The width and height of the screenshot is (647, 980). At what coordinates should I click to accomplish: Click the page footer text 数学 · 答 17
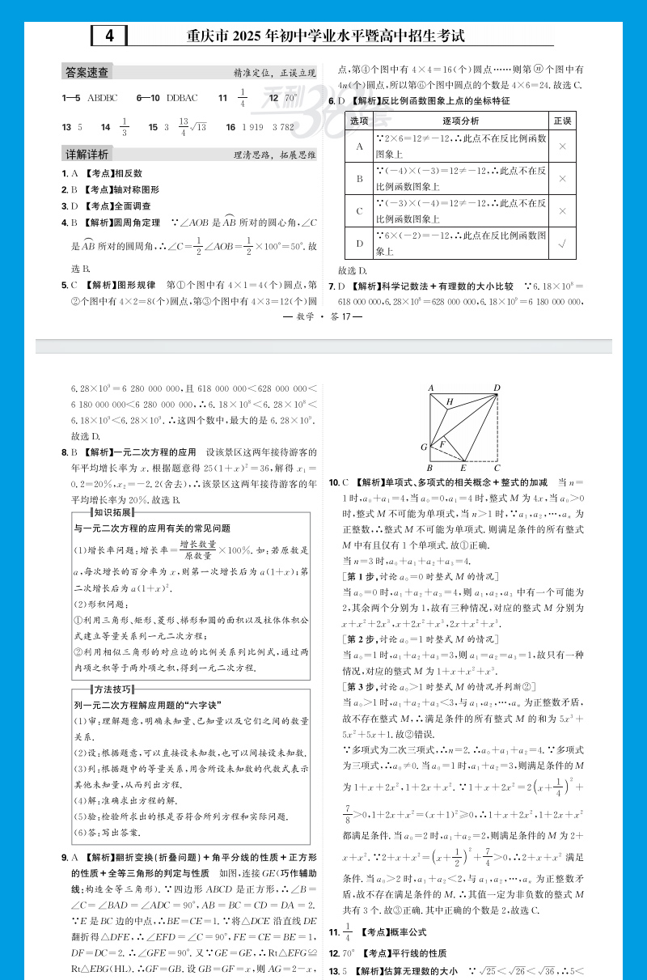[323, 317]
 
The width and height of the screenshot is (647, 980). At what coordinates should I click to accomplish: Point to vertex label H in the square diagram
[449, 402]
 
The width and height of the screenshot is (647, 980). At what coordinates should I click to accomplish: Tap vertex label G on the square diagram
[423, 447]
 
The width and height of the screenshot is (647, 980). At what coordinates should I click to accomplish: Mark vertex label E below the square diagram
[463, 468]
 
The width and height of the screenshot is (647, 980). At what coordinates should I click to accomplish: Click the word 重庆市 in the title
[209, 36]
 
